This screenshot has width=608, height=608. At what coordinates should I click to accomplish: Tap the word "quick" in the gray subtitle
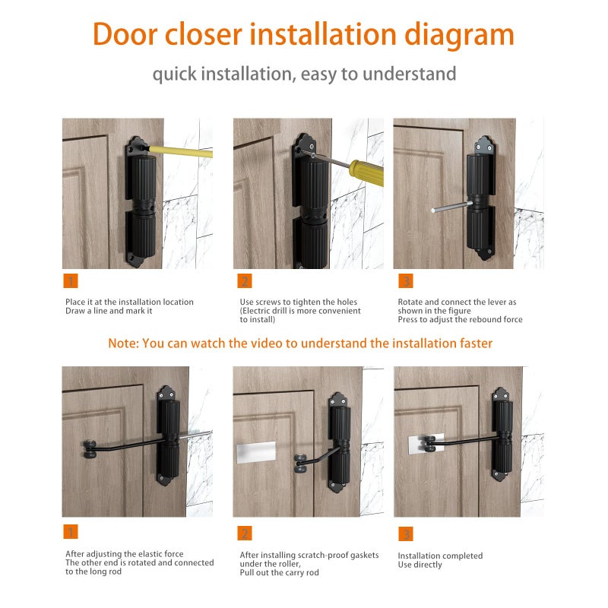point(175,74)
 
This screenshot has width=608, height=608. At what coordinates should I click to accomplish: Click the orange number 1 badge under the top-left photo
point(71,280)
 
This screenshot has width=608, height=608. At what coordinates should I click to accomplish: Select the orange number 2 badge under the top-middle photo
point(245,280)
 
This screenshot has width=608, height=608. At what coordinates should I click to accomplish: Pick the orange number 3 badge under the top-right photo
point(406,280)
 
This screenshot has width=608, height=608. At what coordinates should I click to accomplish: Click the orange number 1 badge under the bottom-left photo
point(71,531)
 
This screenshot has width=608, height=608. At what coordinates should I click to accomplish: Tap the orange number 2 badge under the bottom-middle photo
point(245,534)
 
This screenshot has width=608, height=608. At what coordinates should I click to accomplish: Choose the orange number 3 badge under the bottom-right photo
point(406,534)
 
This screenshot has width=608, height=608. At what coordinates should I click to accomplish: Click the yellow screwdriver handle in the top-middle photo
point(367,173)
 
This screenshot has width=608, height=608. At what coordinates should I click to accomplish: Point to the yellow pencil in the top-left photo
point(181,151)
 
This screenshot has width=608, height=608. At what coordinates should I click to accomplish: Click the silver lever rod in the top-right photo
point(451,207)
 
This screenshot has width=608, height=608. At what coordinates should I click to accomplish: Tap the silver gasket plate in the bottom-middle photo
point(256,451)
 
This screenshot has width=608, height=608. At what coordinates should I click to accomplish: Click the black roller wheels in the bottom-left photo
point(90,449)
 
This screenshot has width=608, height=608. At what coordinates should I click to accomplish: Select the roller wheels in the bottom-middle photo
point(301,464)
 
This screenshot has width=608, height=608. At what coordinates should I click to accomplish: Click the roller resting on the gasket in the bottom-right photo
point(429,444)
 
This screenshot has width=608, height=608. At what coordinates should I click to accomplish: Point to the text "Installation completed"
point(440,556)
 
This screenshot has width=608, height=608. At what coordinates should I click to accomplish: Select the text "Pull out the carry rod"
point(279,573)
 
